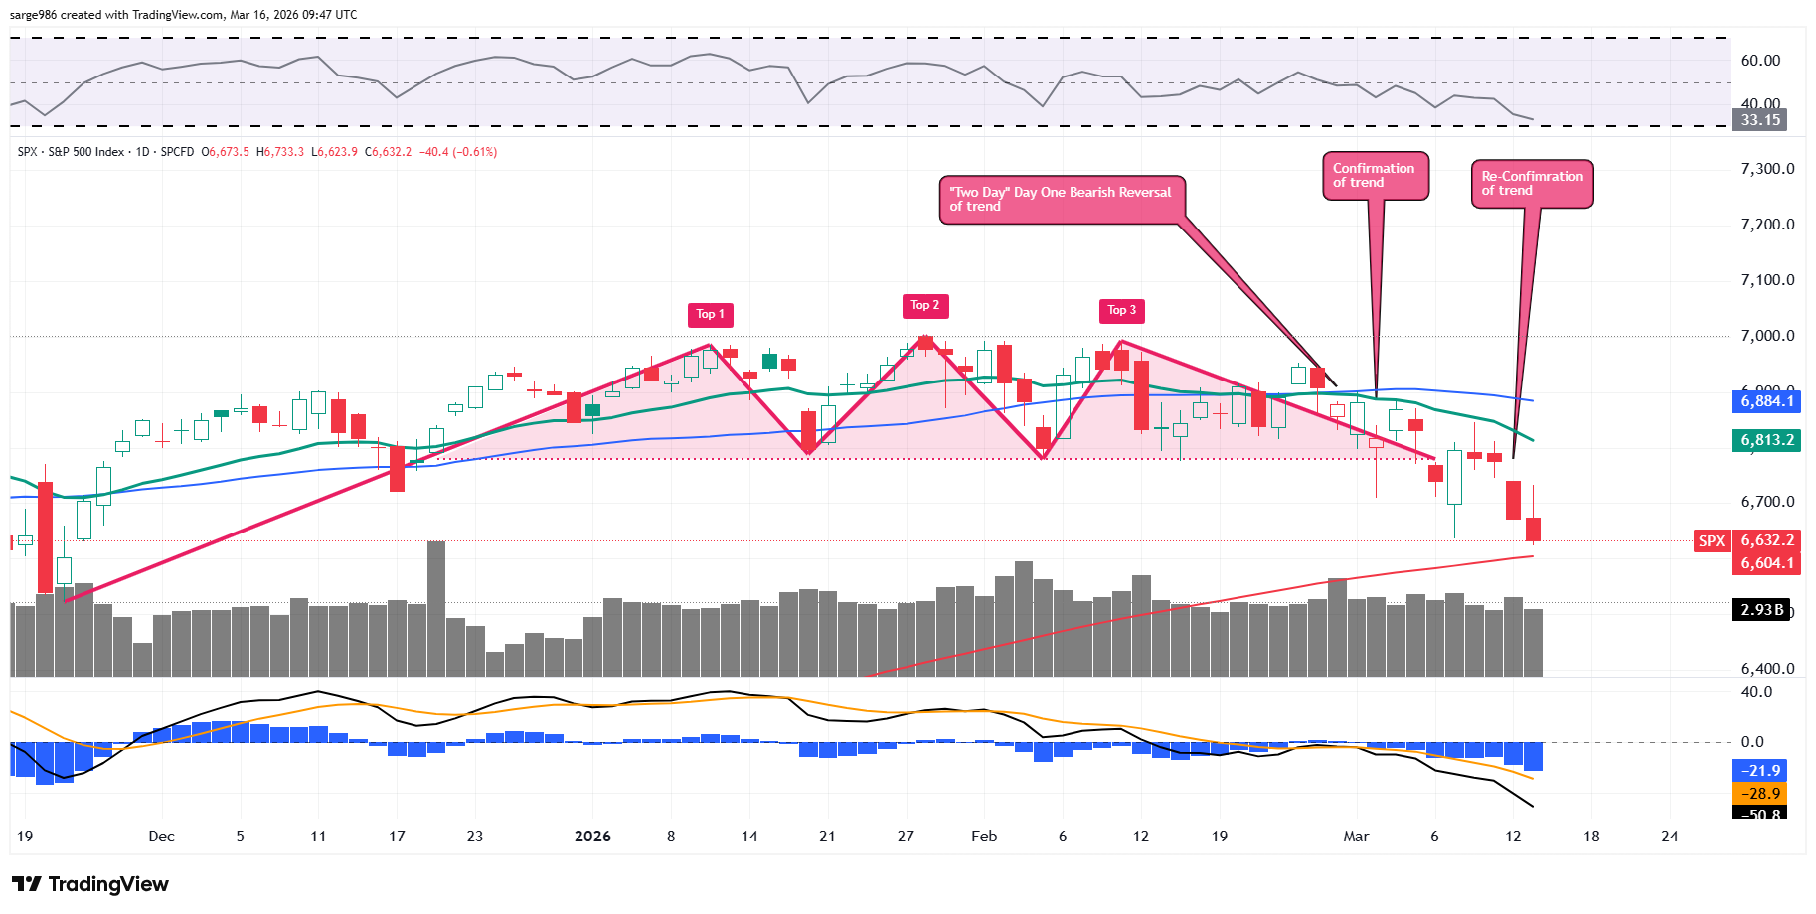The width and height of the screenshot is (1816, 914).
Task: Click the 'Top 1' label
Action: click(x=710, y=315)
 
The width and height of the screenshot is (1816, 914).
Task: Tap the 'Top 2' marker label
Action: click(x=925, y=306)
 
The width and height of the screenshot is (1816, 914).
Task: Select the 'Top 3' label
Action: click(x=1121, y=311)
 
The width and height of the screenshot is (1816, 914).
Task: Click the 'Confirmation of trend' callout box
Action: click(x=1375, y=176)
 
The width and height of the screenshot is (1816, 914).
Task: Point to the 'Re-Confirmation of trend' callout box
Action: click(x=1532, y=184)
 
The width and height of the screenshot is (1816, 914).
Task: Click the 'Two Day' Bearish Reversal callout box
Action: click(x=1062, y=200)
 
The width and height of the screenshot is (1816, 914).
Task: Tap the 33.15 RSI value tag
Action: click(x=1759, y=120)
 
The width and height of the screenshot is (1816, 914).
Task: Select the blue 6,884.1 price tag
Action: click(x=1767, y=401)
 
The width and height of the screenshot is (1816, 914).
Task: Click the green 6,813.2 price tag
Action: click(x=1767, y=440)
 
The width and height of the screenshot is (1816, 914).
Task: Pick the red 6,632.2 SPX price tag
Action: click(x=1767, y=540)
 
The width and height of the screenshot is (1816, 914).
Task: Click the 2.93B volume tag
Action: click(x=1761, y=610)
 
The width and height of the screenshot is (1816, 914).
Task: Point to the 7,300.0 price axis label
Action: click(x=1767, y=169)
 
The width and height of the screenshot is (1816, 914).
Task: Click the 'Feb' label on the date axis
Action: click(x=984, y=837)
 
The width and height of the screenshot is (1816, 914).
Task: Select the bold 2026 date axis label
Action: click(x=592, y=837)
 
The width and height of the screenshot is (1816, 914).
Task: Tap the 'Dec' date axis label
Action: click(x=161, y=837)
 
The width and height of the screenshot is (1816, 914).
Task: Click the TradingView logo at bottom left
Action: click(x=90, y=884)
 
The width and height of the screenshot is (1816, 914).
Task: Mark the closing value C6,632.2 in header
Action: click(x=388, y=152)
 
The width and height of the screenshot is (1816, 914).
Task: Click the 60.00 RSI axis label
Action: click(x=1760, y=61)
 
